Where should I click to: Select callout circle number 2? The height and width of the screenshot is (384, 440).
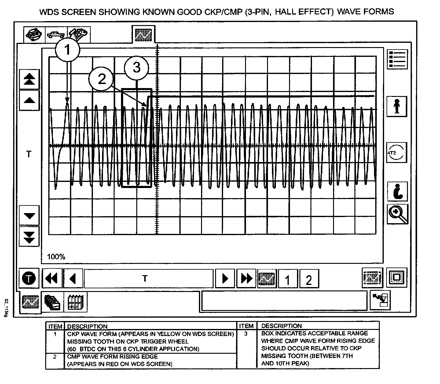[x=101, y=79]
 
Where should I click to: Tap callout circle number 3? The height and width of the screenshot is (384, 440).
[x=136, y=68]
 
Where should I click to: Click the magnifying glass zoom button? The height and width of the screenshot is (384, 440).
[x=397, y=214]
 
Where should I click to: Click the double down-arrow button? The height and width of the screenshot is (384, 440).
[x=29, y=236]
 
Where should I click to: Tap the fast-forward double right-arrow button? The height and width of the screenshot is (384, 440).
[x=246, y=279]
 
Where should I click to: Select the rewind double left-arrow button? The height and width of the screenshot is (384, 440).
[x=52, y=279]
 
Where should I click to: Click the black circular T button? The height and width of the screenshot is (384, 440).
[x=29, y=279]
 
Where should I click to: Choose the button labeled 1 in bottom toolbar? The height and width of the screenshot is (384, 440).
[x=288, y=279]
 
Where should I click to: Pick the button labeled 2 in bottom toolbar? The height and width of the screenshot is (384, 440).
[x=309, y=279]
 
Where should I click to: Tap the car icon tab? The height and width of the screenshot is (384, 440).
[x=56, y=34]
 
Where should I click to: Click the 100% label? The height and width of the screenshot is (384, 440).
[x=56, y=257]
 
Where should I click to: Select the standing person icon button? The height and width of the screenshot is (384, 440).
[x=397, y=106]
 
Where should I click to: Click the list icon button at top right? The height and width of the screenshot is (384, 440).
[x=397, y=59]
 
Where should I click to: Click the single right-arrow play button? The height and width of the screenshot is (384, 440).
[x=225, y=279]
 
